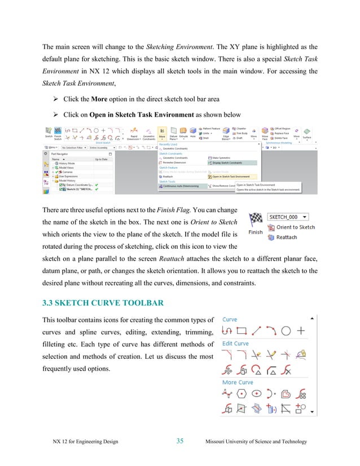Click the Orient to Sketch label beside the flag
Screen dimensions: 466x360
coord(295,227)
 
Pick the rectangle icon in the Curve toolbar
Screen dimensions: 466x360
coord(242,331)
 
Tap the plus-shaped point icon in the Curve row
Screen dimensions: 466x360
coord(302,331)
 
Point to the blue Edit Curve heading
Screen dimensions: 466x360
coord(235,344)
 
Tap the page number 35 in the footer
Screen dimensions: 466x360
coord(180,441)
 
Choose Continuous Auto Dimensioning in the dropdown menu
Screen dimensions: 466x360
coord(185,185)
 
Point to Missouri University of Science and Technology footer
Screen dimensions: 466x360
coord(257,441)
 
